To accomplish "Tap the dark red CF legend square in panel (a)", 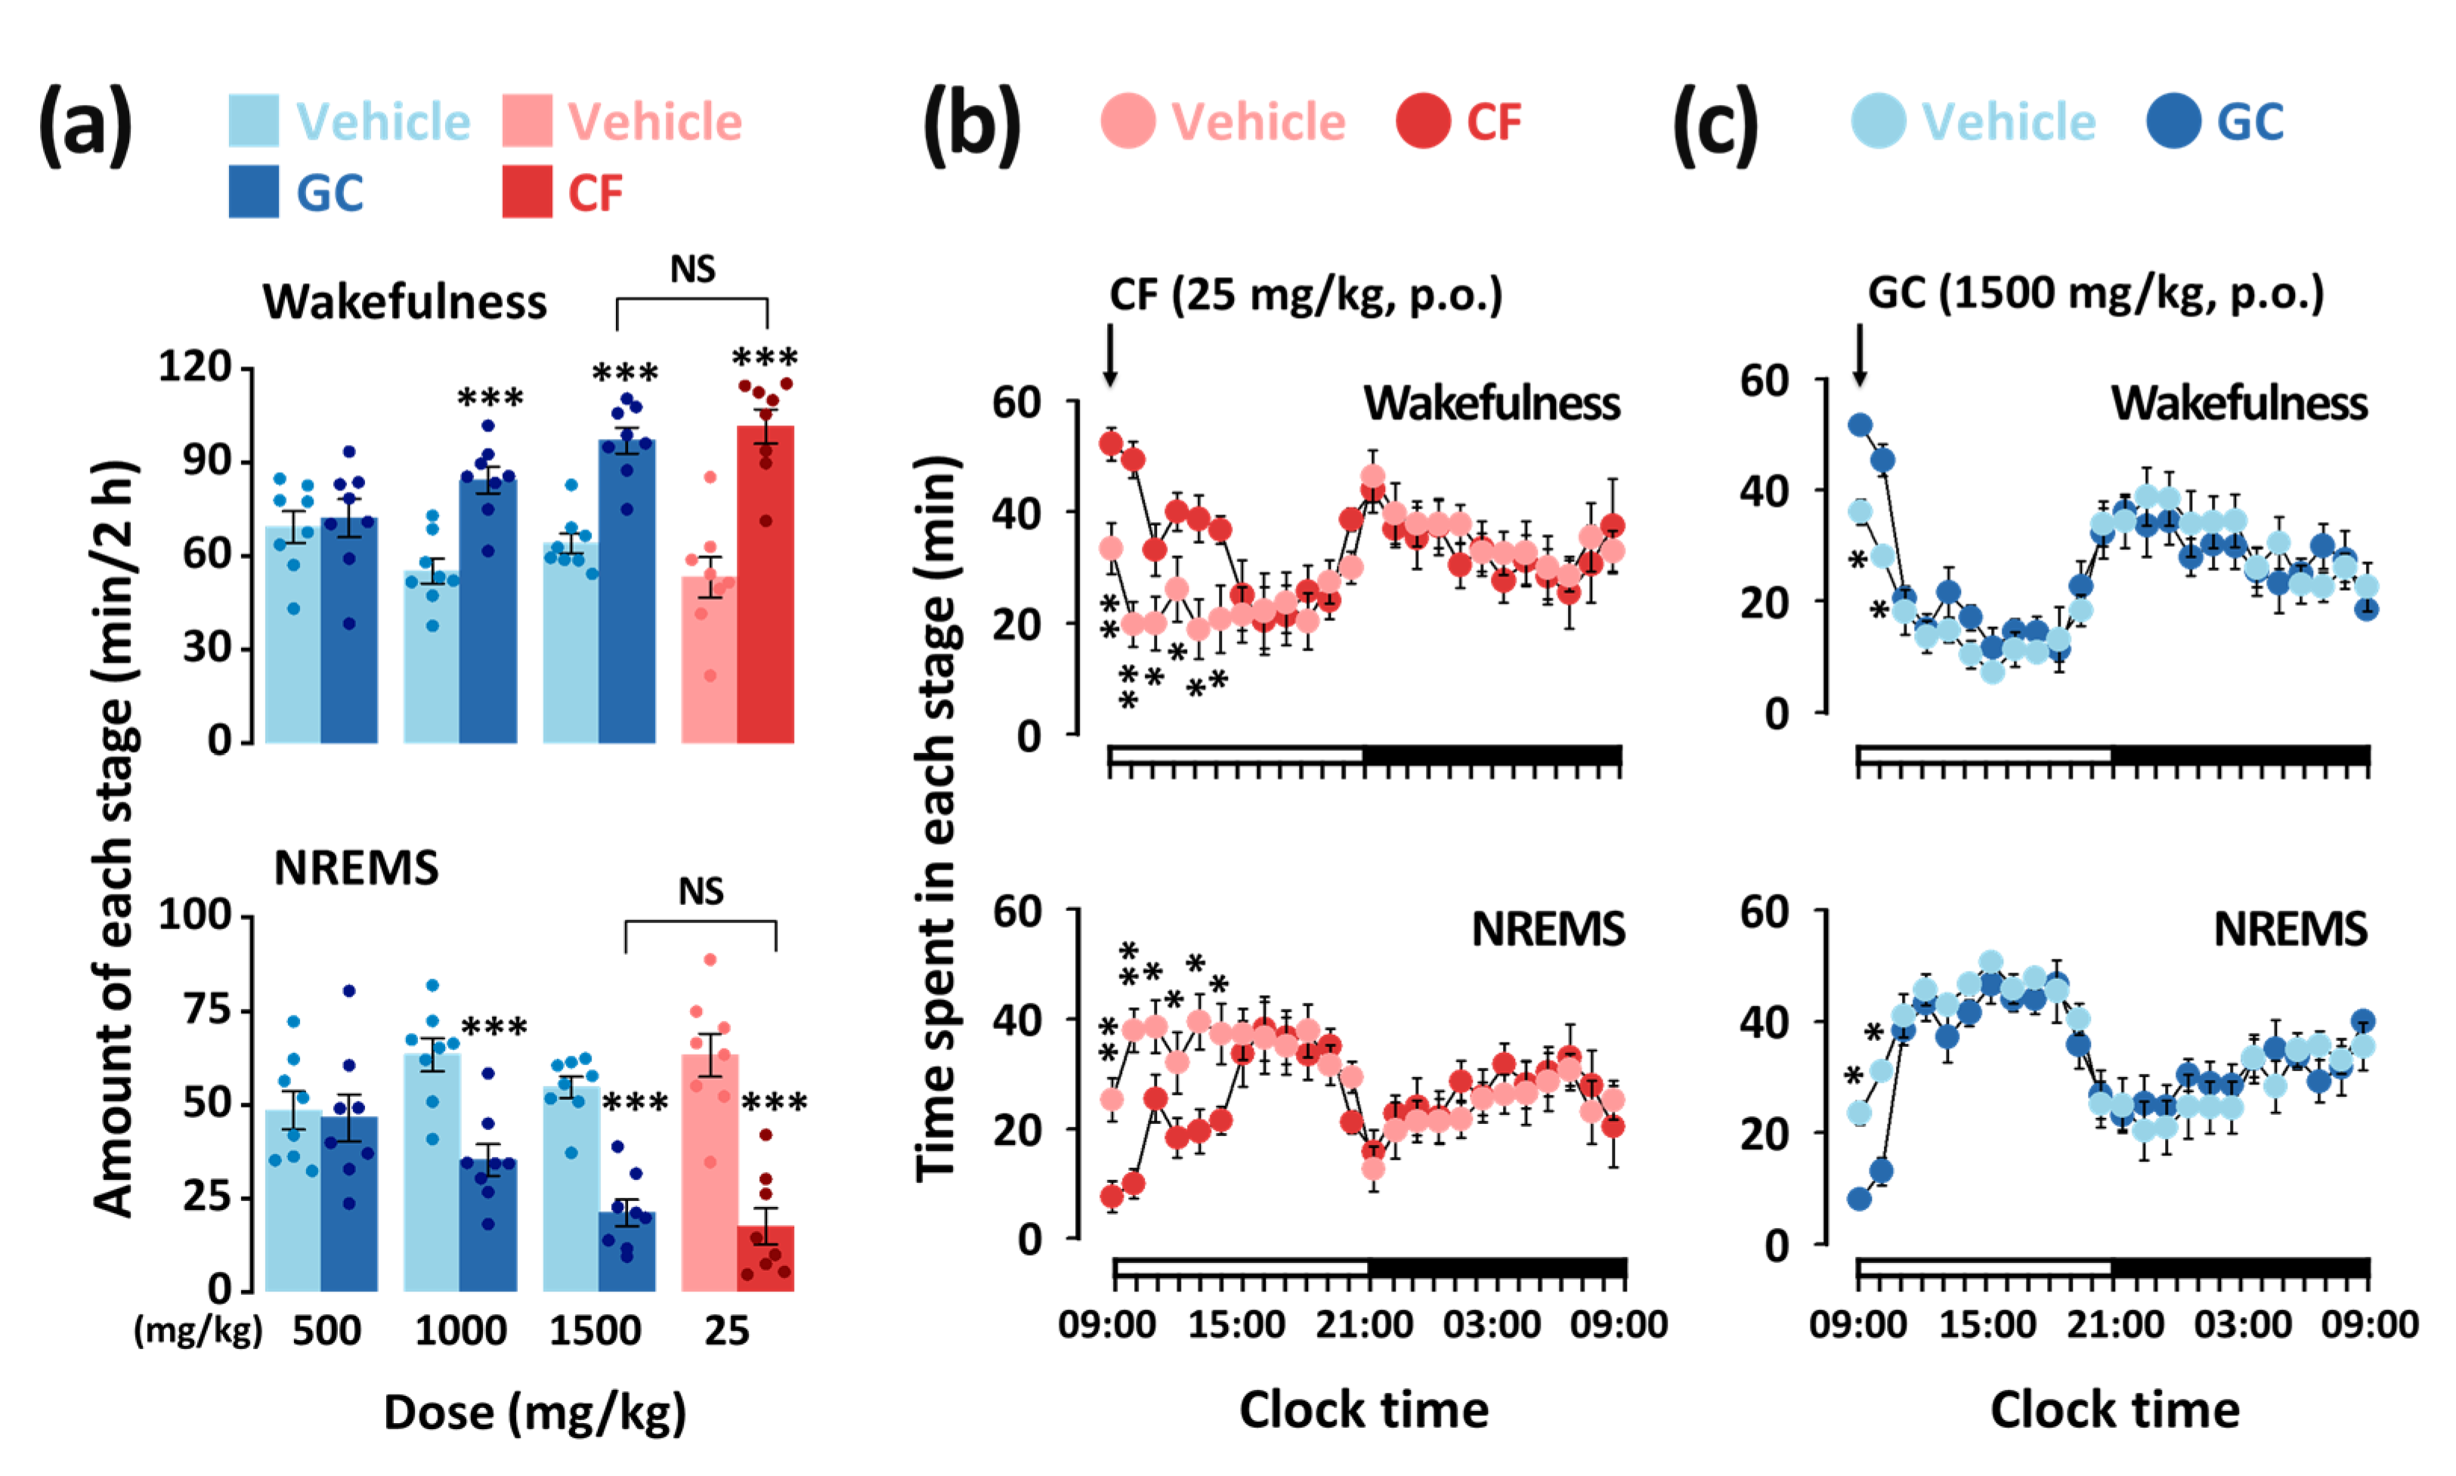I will tap(526, 191).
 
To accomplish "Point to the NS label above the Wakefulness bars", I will tap(692, 269).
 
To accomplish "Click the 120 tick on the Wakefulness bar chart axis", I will tap(195, 367).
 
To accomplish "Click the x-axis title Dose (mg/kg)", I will tap(534, 1413).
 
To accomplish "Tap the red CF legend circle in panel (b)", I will tap(1422, 122).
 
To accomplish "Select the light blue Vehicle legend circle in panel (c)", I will tap(1878, 122).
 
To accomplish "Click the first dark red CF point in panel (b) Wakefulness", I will tap(1111, 443).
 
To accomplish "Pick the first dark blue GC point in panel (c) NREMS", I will tap(1859, 1199).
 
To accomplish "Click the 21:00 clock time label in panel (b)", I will tap(1364, 1325).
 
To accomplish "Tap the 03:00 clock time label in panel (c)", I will tap(2242, 1325).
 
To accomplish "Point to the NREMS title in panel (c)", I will tap(2290, 929).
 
